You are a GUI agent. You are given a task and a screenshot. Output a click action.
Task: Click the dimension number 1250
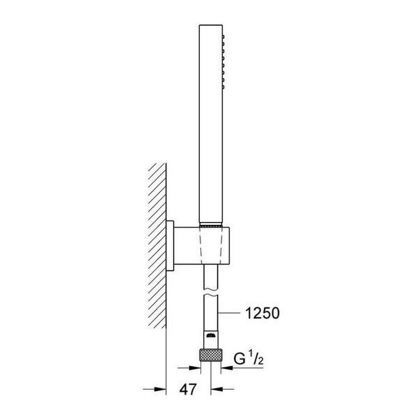point(262,313)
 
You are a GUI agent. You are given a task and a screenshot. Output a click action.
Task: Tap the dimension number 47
point(188,389)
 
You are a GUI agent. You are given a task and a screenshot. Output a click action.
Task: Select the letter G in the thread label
point(240,359)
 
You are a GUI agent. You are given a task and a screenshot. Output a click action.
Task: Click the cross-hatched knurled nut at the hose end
point(211,355)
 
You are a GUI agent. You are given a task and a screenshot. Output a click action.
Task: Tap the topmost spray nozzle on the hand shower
point(223,36)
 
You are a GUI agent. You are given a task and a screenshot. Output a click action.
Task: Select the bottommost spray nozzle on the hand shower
point(223,87)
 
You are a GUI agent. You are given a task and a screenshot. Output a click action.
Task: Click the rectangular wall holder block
point(202,246)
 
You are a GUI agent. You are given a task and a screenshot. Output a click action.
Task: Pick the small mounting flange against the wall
point(170,246)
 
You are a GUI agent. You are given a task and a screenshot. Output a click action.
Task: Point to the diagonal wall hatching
point(157,246)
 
